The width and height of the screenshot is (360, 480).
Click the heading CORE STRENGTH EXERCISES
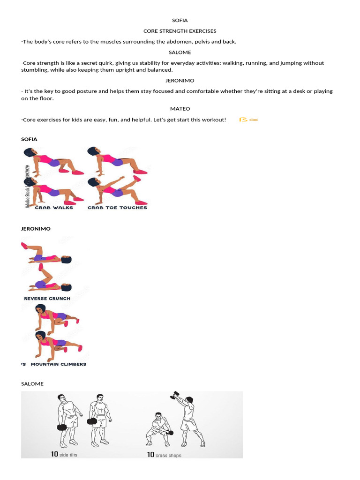point(180,31)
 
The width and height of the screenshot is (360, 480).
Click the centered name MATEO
point(180,109)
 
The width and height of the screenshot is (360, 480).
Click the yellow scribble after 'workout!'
point(248,120)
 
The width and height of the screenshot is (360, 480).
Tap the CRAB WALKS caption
point(55,208)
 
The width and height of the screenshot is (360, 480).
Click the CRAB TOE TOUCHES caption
point(117,208)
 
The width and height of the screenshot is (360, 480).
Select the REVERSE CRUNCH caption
point(47,299)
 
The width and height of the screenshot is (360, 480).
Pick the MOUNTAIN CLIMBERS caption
point(59,364)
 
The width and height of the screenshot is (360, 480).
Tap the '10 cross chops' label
point(164,455)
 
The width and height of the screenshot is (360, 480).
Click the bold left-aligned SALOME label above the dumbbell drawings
point(32,384)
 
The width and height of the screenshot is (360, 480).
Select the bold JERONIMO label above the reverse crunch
point(36,229)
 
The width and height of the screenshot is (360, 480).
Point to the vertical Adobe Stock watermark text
point(28,186)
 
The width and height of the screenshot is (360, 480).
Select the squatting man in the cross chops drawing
point(158,427)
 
